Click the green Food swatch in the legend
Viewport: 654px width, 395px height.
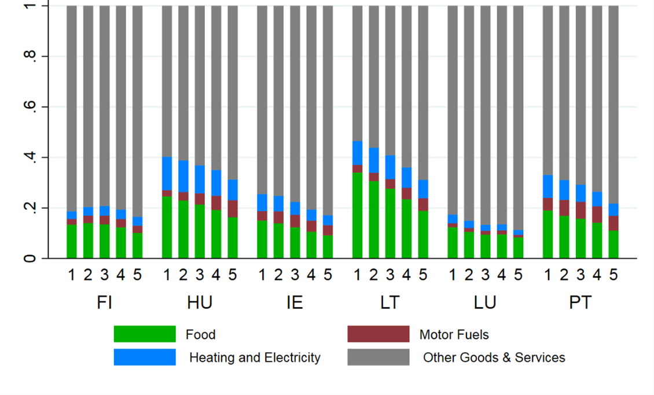coord(145,334)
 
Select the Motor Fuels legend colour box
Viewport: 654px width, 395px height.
coord(378,334)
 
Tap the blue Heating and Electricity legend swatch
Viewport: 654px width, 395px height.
coord(145,357)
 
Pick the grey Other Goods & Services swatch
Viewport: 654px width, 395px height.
coord(378,357)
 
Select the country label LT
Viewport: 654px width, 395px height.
coord(390,302)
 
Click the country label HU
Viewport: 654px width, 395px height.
coord(200,302)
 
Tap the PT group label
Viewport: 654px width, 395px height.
coord(580,302)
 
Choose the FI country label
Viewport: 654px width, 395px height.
coord(104,302)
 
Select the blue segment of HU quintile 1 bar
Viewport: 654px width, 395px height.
coord(167,173)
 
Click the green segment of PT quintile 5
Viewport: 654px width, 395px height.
coord(613,244)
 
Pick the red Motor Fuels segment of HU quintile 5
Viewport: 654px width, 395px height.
coord(232,209)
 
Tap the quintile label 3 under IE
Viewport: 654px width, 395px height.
coord(295,275)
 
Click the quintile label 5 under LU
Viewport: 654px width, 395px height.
coord(518,275)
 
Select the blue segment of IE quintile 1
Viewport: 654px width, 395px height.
coord(262,203)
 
